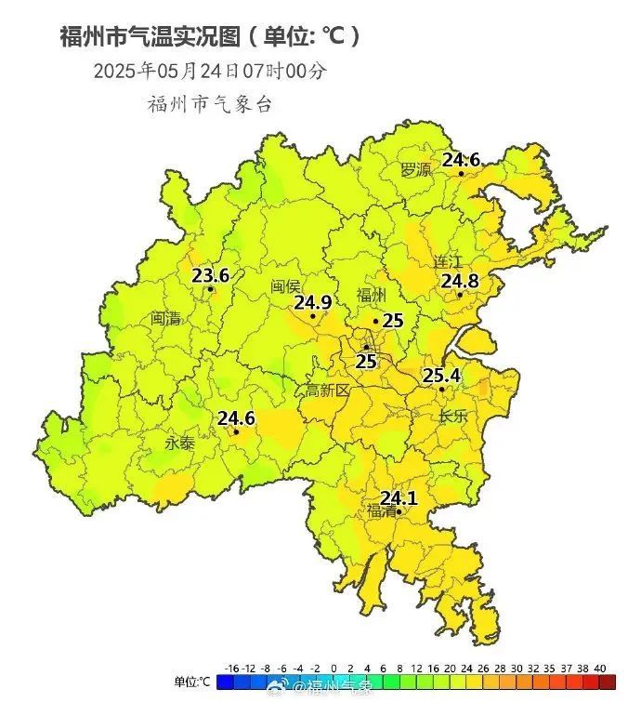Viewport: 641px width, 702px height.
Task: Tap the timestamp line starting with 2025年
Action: [210, 71]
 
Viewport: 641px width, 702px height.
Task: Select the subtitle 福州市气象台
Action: [210, 104]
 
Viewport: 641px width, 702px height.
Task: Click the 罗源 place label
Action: [416, 170]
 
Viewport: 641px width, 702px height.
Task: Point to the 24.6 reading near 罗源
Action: [461, 160]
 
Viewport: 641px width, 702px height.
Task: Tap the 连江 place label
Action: [448, 262]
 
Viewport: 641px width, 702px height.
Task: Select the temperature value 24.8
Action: [460, 281]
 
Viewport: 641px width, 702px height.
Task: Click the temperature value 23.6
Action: [211, 275]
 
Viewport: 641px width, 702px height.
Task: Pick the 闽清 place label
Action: [166, 318]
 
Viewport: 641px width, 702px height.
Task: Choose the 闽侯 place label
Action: [285, 286]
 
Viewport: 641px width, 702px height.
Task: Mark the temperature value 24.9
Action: [313, 302]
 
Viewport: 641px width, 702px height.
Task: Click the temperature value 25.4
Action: [442, 376]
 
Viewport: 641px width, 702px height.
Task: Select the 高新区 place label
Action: [328, 391]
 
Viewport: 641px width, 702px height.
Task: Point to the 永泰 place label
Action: [180, 444]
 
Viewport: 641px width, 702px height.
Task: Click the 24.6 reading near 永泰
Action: [236, 418]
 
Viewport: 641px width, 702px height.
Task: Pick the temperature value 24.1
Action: [399, 498]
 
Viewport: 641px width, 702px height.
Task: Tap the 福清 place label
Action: [381, 511]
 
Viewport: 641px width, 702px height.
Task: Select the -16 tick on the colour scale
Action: [233, 668]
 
